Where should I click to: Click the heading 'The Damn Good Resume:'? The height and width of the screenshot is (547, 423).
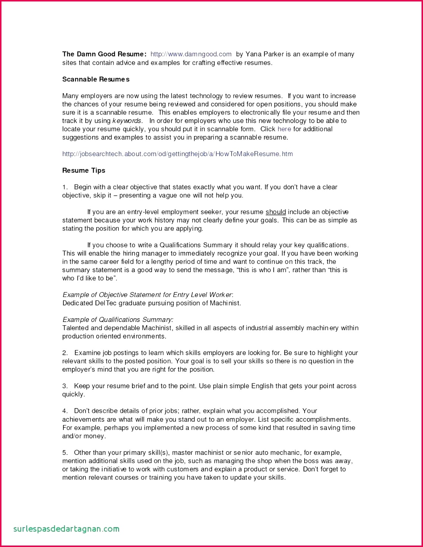[104, 54]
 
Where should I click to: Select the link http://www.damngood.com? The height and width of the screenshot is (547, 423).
[191, 54]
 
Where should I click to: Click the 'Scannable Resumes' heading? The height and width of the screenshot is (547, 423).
[96, 79]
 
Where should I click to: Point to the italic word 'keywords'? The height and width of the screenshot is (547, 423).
[127, 121]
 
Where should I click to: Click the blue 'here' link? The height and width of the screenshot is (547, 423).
[284, 129]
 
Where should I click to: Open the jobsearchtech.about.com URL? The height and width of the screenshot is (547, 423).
[177, 154]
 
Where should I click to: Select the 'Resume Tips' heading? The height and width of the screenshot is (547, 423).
[84, 171]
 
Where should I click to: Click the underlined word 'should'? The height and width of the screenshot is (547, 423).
[276, 212]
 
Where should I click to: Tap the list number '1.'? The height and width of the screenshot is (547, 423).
[65, 187]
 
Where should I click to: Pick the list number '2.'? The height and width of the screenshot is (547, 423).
[65, 353]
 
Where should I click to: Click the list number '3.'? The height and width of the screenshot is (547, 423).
[65, 386]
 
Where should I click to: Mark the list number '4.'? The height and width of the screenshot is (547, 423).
[65, 411]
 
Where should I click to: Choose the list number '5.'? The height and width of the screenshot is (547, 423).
[65, 453]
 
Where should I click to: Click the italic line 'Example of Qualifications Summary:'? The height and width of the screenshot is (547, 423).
[118, 320]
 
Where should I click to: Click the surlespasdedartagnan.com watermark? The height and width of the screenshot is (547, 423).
[66, 529]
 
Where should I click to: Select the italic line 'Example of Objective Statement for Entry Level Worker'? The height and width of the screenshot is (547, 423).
[148, 295]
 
